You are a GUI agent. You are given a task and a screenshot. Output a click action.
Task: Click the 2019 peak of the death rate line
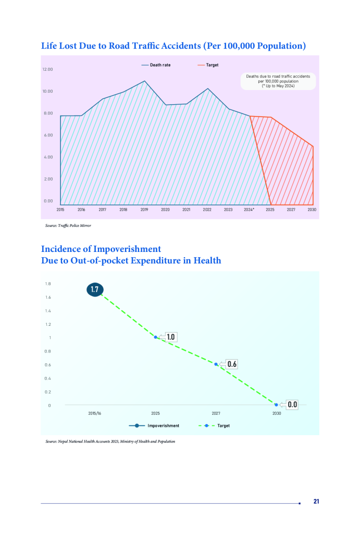pyautogui.click(x=144, y=81)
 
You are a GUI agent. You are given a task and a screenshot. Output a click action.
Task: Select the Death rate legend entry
pyautogui.click(x=156, y=65)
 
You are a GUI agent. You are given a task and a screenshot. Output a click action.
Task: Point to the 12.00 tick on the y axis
pyautogui.click(x=47, y=69)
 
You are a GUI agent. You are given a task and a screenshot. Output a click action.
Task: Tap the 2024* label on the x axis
pyautogui.click(x=250, y=209)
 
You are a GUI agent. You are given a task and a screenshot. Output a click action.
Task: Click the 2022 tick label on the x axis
pyautogui.click(x=207, y=209)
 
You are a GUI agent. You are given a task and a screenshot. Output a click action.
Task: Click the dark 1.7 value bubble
pyautogui.click(x=95, y=289)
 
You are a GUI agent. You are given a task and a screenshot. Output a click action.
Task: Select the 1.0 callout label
pyautogui.click(x=170, y=337)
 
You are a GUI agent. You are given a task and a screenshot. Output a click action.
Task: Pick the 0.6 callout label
pyautogui.click(x=232, y=364)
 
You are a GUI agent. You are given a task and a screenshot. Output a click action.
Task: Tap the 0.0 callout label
pyautogui.click(x=292, y=404)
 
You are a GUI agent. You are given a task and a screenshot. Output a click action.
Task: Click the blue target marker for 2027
pyautogui.click(x=216, y=364)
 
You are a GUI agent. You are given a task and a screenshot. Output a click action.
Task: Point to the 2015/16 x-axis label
pyautogui.click(x=95, y=413)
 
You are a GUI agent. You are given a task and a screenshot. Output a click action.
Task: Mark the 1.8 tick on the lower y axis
pyautogui.click(x=48, y=284)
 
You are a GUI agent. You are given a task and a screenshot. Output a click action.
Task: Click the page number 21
pyautogui.click(x=316, y=501)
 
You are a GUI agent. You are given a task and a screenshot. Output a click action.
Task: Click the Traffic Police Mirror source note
pyautogui.click(x=68, y=226)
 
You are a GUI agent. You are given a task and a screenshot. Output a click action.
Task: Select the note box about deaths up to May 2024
pyautogui.click(x=278, y=81)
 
